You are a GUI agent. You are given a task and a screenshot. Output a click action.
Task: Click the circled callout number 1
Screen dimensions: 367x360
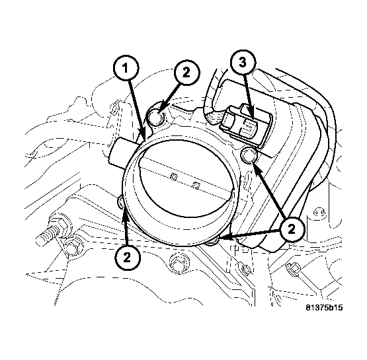pyautogui.click(x=126, y=69)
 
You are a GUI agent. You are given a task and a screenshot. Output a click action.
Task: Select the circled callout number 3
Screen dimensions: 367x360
pyautogui.click(x=243, y=63)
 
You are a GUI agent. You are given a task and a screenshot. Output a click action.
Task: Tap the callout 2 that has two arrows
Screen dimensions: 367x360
pyautogui.click(x=292, y=229)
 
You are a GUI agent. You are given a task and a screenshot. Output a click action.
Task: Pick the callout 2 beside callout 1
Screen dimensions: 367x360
pyautogui.click(x=186, y=73)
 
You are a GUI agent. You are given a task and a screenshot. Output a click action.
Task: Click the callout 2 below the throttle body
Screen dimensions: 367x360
pyautogui.click(x=127, y=258)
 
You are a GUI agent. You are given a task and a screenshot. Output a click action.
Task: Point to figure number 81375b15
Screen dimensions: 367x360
pyautogui.click(x=324, y=307)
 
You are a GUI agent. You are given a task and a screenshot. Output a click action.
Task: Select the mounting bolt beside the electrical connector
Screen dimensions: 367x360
pyautogui.click(x=249, y=156)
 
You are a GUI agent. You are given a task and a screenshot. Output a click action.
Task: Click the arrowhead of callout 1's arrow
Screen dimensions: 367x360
pyautogui.click(x=143, y=137)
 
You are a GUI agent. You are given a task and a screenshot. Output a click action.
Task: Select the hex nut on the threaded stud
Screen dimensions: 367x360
pyautogui.click(x=60, y=225)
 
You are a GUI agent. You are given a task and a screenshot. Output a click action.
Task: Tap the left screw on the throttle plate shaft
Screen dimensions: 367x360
pyautogui.click(x=173, y=176)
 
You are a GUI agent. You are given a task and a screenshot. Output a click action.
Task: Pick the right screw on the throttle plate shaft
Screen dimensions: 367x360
pyautogui.click(x=196, y=186)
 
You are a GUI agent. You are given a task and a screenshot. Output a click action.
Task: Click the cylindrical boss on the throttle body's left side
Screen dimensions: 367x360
pyautogui.click(x=122, y=152)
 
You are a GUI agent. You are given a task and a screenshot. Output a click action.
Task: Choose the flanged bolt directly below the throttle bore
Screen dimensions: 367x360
pyautogui.click(x=179, y=262)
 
